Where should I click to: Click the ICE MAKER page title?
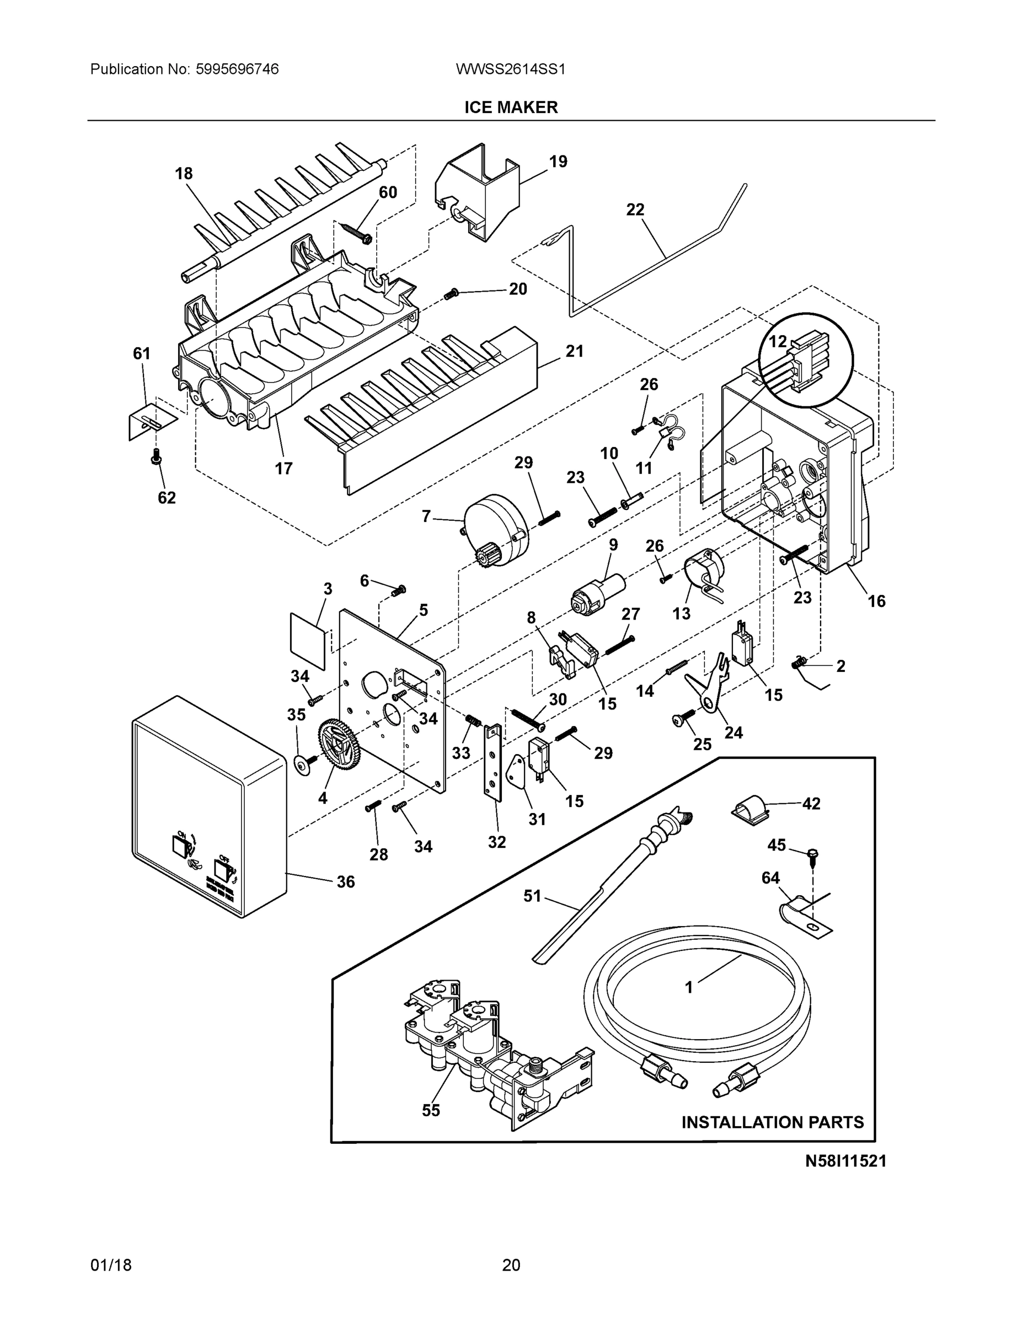click(x=511, y=107)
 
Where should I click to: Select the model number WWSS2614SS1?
click(x=510, y=69)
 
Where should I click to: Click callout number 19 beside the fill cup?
click(x=558, y=162)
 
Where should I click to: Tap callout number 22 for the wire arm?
click(x=635, y=209)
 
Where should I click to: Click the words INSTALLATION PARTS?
click(x=772, y=1122)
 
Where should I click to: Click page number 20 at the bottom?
click(x=511, y=1265)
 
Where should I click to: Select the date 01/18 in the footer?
click(x=111, y=1265)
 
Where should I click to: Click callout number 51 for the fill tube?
click(x=532, y=913)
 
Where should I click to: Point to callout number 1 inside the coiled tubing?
click(x=688, y=988)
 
